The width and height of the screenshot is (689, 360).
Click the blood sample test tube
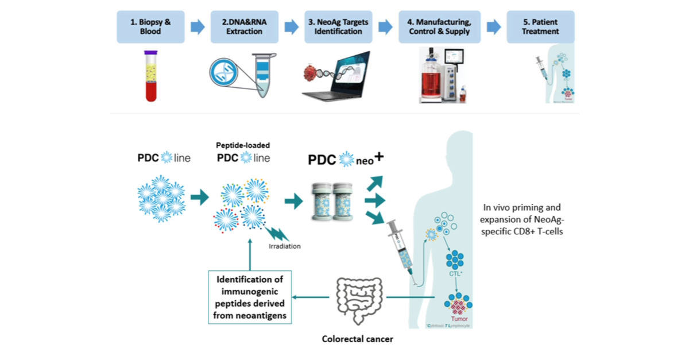(x=150, y=76)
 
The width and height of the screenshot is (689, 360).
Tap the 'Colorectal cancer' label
(x=357, y=339)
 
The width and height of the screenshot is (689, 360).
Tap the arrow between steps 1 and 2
(x=196, y=26)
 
